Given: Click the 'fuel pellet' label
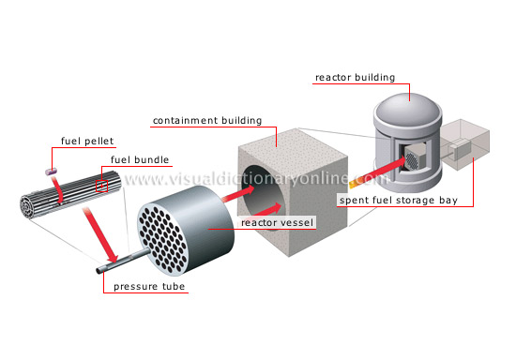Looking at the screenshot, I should tap(87, 142).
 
